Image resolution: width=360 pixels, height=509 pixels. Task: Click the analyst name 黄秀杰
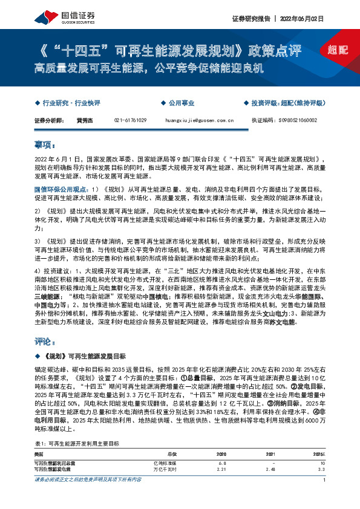click(83, 120)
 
